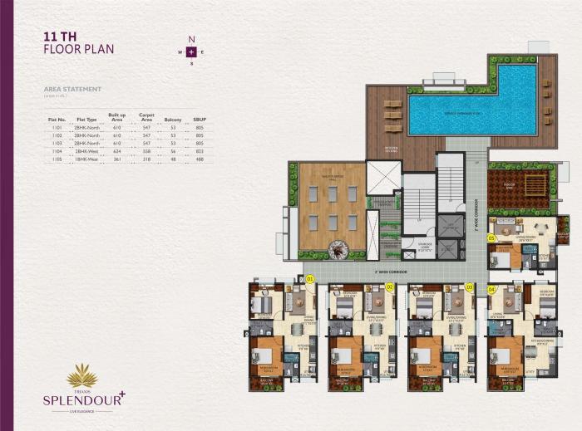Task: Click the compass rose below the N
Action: [191, 51]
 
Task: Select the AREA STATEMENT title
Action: [72, 88]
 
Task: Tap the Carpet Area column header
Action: [146, 119]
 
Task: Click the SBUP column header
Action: [199, 120]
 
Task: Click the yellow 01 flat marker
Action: [310, 279]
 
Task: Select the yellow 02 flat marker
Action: [389, 287]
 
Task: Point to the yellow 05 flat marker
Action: [491, 238]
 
